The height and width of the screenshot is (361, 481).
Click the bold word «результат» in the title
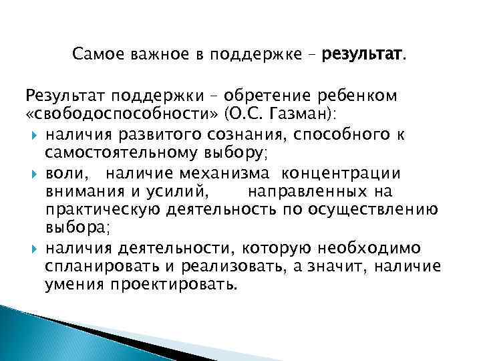click(x=362, y=53)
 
